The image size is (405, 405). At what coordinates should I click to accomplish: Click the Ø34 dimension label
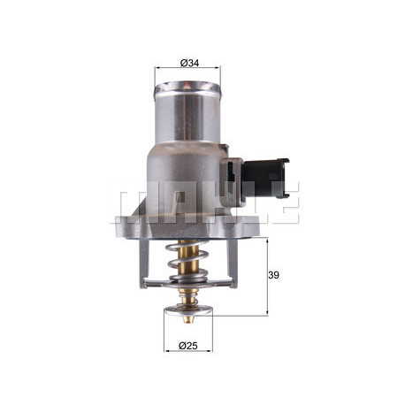click(189, 63)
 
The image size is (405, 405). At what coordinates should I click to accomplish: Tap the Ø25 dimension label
click(187, 346)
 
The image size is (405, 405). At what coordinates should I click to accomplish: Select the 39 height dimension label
click(273, 275)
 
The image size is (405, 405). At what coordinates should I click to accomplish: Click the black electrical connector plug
click(265, 178)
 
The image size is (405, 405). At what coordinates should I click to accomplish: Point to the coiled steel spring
click(187, 260)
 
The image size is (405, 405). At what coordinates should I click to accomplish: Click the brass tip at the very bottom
click(187, 319)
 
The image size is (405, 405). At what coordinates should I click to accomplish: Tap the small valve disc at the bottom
click(188, 310)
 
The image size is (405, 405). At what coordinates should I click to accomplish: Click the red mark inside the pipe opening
click(187, 86)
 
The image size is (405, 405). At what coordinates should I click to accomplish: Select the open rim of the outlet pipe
click(187, 88)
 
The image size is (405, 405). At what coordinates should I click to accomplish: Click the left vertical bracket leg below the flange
click(144, 263)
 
